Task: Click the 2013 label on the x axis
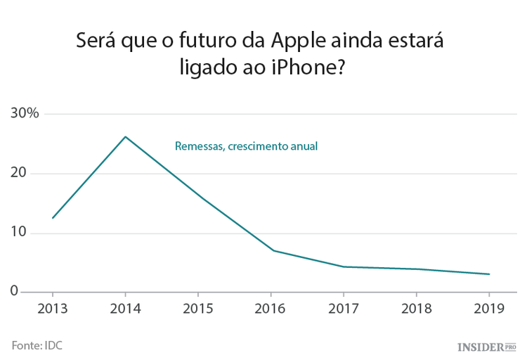[52, 310]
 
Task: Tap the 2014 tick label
[125, 310]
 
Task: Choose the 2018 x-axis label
[416, 310]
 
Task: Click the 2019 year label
[489, 310]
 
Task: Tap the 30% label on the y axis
[25, 114]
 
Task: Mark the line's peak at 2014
[125, 136]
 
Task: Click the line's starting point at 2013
[52, 218]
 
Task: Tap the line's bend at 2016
[273, 250]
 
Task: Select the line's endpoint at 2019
[489, 274]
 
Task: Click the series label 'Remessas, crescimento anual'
[246, 147]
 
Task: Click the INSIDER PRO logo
[486, 346]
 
